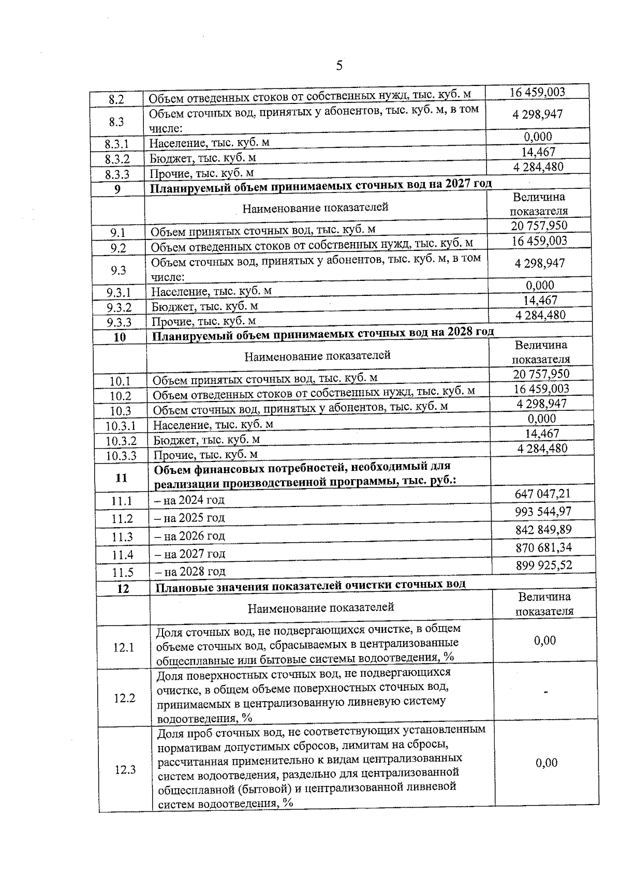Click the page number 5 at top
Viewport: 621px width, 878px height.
coord(339,66)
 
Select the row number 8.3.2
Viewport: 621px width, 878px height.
coord(117,159)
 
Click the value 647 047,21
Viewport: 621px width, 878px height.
coord(542,494)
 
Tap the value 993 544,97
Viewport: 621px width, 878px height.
coord(543,512)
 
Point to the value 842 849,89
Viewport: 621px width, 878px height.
coord(543,530)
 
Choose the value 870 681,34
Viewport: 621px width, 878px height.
coord(543,547)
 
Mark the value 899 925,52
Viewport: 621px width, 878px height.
coord(544,565)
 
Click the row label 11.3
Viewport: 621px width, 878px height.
coord(122,537)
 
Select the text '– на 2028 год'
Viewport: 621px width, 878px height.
coord(190,572)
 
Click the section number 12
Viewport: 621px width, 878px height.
coord(123,589)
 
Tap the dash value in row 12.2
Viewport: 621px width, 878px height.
coord(545,692)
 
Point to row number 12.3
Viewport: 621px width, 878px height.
coord(125,770)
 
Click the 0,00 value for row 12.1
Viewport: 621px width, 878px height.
coord(545,641)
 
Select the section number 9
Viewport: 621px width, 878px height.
coord(117,189)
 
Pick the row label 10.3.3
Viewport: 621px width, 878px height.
coord(121,456)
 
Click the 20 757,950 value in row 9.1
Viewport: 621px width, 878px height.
coord(539,226)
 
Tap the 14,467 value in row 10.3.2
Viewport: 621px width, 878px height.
coord(542,434)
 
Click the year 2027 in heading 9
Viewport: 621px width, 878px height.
coord(450,184)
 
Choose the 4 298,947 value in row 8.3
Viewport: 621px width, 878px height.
coord(538,114)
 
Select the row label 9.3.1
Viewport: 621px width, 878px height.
coord(119,293)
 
